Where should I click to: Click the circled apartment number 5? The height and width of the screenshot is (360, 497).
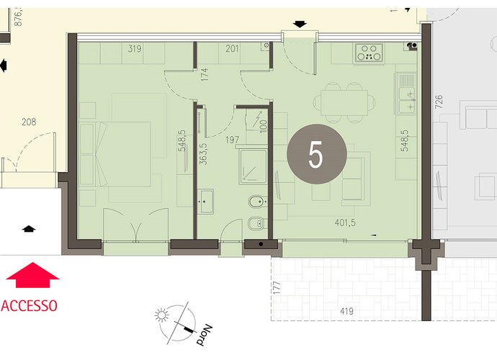coord(317,154)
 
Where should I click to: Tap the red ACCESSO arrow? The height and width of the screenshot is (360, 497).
coord(32,275)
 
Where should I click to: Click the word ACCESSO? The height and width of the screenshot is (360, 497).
coord(29,306)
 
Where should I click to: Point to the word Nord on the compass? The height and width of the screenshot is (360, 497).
coord(204,336)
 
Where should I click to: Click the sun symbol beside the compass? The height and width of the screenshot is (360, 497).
coord(161,315)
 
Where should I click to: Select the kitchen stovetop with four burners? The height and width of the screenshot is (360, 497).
coord(369,53)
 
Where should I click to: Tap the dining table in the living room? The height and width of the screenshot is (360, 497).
coord(344,103)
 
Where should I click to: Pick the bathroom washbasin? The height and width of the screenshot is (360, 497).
coord(205,202)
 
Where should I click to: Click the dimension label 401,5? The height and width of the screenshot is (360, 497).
coord(345,222)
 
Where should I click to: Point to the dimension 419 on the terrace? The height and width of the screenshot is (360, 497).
coord(346,312)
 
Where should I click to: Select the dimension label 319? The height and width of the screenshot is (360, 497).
coord(135,49)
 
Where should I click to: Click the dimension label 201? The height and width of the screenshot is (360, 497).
coord(232,49)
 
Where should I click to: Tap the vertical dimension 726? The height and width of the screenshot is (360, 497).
coord(439,102)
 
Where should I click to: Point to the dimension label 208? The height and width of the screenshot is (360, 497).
coord(29,122)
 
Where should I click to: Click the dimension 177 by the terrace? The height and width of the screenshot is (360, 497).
coord(277,288)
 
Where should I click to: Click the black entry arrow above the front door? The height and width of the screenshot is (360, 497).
coord(300,24)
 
